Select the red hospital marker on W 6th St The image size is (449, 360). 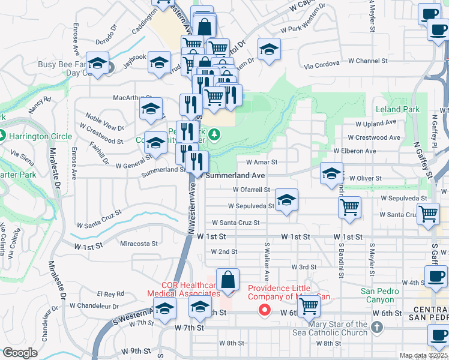264,310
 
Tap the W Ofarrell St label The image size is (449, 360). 252,190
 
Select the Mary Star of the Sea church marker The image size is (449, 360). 376,327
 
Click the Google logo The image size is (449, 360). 20,353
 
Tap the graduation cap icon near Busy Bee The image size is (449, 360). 97,64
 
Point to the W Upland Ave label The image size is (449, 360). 376,123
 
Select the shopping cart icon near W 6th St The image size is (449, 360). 309,307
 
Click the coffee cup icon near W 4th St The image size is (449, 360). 436,276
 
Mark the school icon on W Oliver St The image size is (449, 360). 331,175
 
